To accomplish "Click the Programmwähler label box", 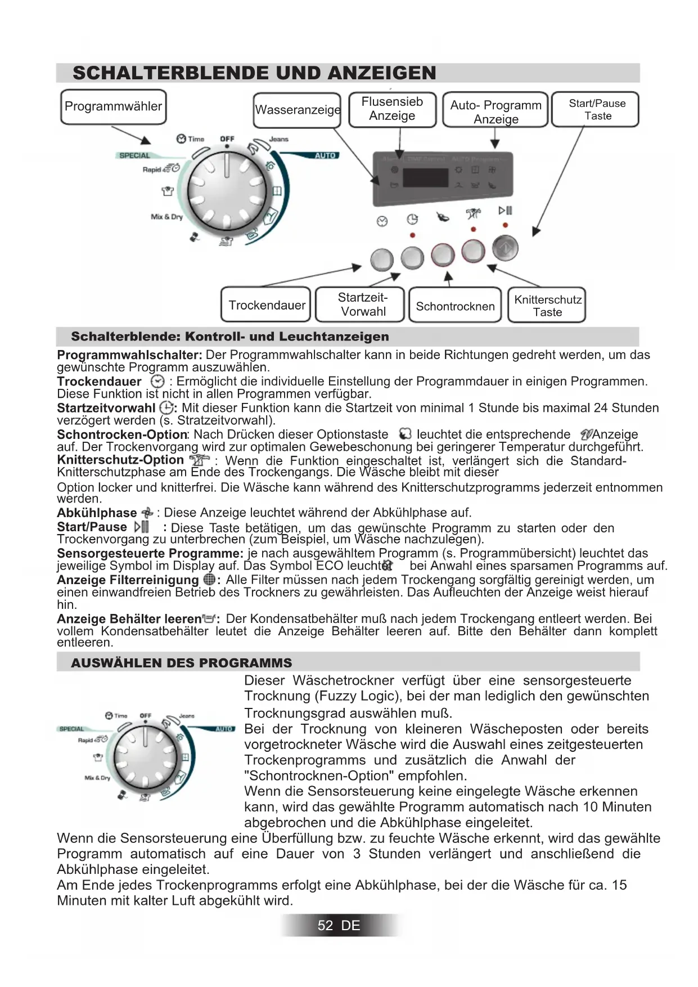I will click(113, 107).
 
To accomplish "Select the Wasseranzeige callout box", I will click(297, 110).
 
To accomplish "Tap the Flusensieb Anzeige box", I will click(392, 109).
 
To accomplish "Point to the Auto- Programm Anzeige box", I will click(496, 110).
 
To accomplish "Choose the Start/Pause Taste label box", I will click(596, 110).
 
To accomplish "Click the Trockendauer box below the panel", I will click(267, 305).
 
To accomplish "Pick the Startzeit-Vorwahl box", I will click(362, 304).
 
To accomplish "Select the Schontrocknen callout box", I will click(455, 306).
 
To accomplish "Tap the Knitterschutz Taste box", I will click(547, 306).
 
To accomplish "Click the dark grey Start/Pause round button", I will click(505, 248).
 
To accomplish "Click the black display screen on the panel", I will click(425, 177).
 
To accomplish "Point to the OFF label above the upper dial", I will click(227, 138).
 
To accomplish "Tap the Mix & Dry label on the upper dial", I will click(166, 217).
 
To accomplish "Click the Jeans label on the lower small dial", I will click(187, 716).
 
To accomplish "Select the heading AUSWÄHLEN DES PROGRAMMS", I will click(182, 663).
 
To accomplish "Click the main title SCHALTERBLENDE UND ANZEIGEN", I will click(254, 73).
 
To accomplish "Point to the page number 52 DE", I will click(339, 925).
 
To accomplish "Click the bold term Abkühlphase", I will click(97, 513).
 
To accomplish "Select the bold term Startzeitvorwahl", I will click(106, 408).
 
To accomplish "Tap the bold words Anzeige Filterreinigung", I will click(128, 580).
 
